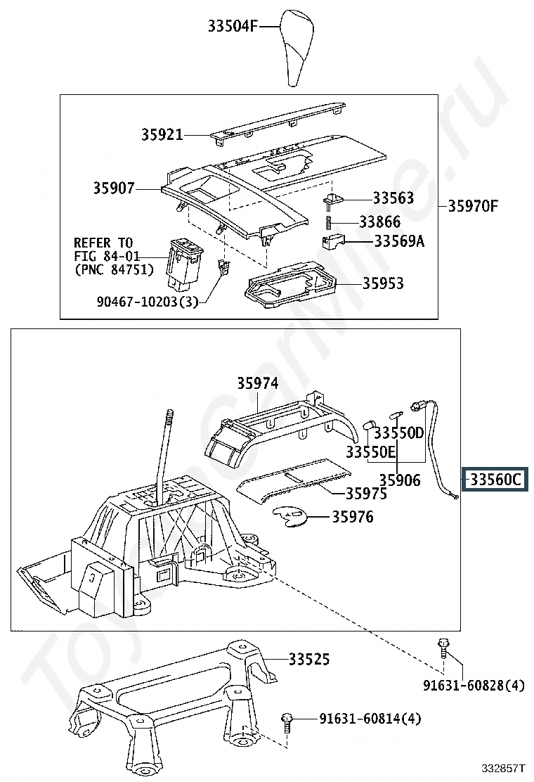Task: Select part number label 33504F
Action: click(233, 25)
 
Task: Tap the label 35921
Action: click(162, 134)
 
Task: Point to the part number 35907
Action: click(114, 188)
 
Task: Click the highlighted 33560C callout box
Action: click(495, 480)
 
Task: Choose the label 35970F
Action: click(473, 205)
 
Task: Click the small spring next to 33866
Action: click(328, 222)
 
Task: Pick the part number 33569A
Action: click(400, 241)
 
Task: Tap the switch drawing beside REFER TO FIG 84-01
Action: click(184, 264)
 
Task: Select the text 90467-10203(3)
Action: click(148, 301)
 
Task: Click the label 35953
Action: click(382, 283)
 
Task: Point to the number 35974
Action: click(258, 383)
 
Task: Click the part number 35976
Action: click(353, 517)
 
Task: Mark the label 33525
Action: click(309, 660)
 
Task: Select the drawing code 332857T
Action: click(502, 767)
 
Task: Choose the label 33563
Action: click(393, 198)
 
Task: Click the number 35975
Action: click(366, 493)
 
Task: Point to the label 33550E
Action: click(370, 452)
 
